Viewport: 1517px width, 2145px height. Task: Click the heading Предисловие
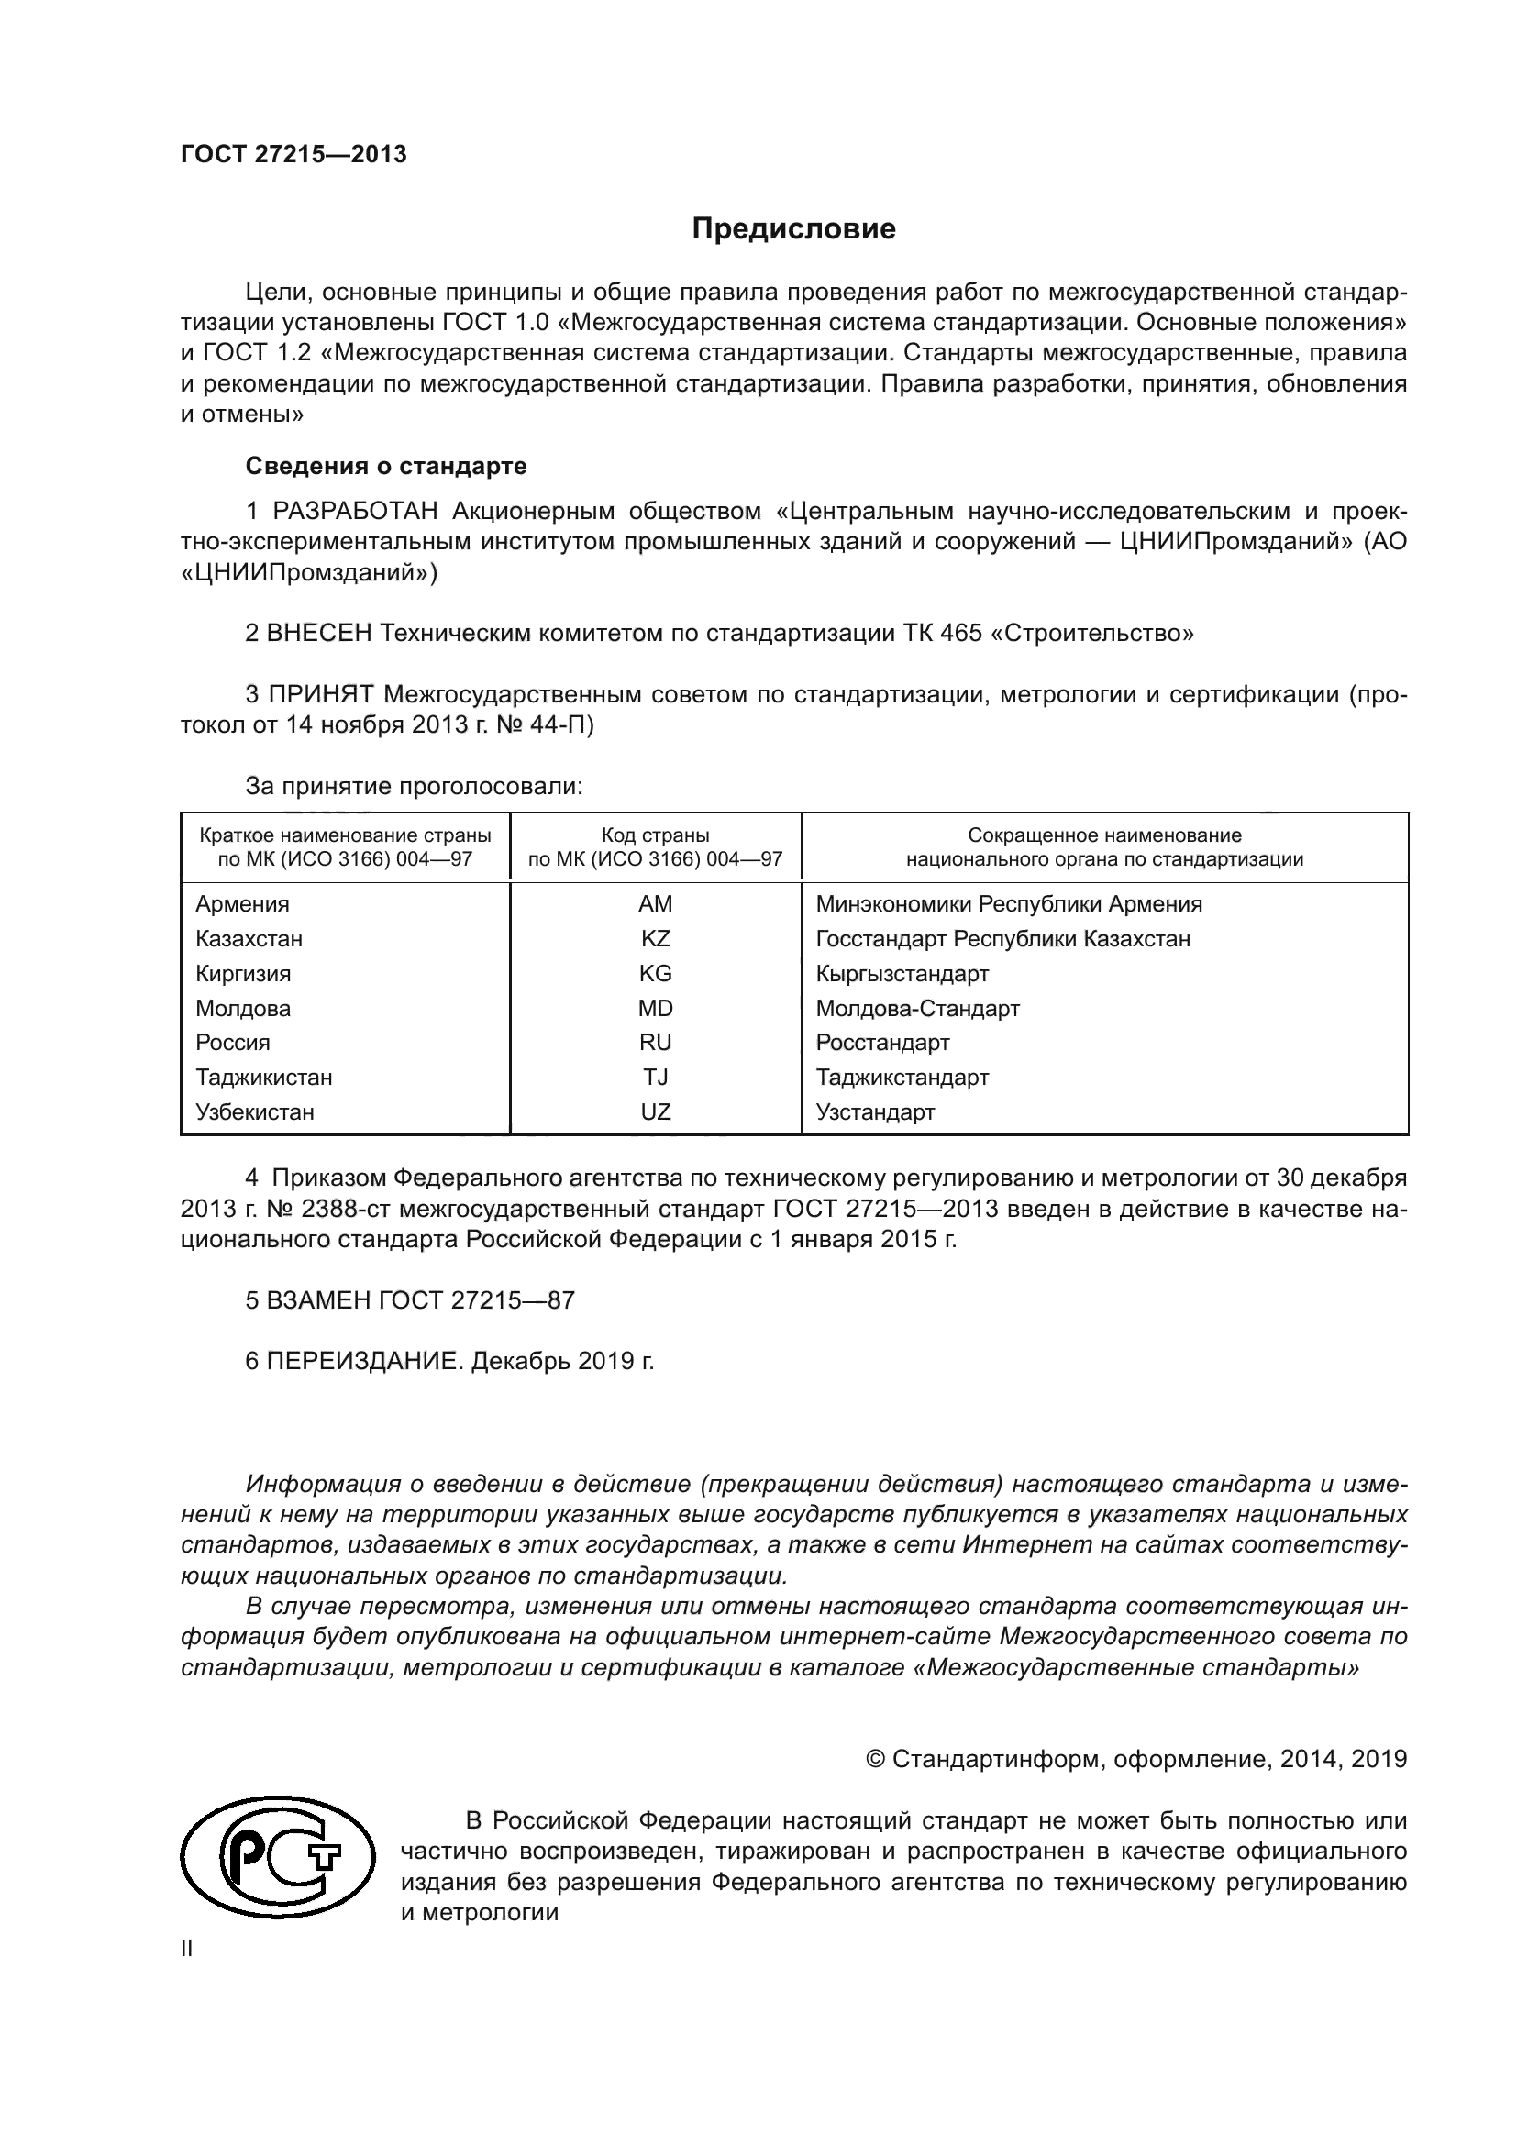(793, 229)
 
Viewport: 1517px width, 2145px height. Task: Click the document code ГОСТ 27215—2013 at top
(293, 155)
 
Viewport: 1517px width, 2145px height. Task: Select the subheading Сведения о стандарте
(386, 465)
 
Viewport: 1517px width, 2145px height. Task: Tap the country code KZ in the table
(655, 938)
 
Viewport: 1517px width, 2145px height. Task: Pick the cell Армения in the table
(242, 903)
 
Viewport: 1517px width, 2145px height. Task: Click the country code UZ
(655, 1111)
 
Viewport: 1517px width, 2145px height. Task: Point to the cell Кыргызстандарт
(902, 974)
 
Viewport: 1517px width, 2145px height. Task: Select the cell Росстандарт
(881, 1042)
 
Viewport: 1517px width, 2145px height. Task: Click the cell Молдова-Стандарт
(917, 1008)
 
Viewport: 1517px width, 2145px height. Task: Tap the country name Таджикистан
(263, 1078)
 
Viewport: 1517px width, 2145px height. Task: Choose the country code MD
(655, 1008)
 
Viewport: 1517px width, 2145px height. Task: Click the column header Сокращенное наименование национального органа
(1103, 846)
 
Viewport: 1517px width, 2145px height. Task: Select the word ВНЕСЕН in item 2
(319, 634)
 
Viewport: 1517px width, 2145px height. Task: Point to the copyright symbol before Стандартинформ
(875, 1760)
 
